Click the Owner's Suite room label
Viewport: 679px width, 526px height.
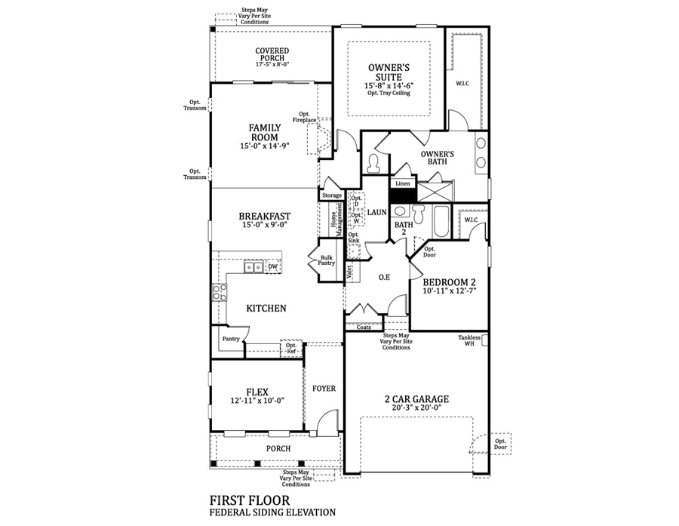[389, 72]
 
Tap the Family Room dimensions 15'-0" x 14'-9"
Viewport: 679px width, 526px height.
[265, 146]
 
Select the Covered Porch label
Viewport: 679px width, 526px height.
[272, 54]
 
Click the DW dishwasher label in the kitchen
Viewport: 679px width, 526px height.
[273, 266]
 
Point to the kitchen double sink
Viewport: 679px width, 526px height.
[253, 267]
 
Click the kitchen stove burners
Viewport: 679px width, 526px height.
[219, 292]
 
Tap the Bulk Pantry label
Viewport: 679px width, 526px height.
[327, 260]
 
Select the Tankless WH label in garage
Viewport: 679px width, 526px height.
[469, 340]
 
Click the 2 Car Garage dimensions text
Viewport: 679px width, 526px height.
[416, 408]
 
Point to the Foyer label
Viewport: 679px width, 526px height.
[324, 389]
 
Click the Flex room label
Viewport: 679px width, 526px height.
[257, 392]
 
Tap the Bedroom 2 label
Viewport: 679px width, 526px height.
[450, 282]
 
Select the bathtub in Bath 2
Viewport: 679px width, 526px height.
[442, 221]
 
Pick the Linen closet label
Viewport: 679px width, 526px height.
[403, 183]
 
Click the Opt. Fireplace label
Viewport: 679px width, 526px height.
[304, 117]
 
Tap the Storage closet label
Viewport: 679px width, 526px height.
[332, 195]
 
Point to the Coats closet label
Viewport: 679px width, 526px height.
[364, 327]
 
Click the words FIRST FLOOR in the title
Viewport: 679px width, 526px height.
[250, 500]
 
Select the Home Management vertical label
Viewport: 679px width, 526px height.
[336, 220]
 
